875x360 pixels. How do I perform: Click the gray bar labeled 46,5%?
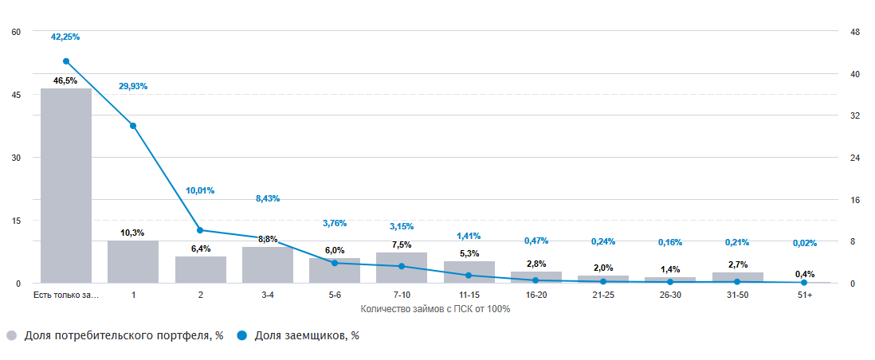pyautogui.click(x=66, y=186)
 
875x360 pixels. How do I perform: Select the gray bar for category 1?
pyautogui.click(x=133, y=261)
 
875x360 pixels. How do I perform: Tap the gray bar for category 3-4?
pyautogui.click(x=268, y=264)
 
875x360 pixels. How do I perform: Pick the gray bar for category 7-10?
pyautogui.click(x=402, y=268)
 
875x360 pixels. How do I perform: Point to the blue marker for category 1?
pyautogui.click(x=133, y=126)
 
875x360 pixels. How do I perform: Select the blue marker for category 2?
pyautogui.click(x=200, y=230)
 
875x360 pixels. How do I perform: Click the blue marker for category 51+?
pyautogui.click(x=804, y=283)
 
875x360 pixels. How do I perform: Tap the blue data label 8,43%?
pyautogui.click(x=268, y=198)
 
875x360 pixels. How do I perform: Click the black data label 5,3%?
pyautogui.click(x=469, y=253)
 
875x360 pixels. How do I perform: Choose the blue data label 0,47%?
pyautogui.click(x=536, y=241)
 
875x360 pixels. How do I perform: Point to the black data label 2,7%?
pyautogui.click(x=737, y=264)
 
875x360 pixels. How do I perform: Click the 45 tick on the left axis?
pyautogui.click(x=16, y=95)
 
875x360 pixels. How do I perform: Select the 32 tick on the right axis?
pyautogui.click(x=856, y=115)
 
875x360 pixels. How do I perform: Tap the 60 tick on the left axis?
pyautogui.click(x=16, y=32)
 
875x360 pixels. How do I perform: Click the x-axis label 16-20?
pyautogui.click(x=536, y=295)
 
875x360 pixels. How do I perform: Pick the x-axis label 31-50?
pyautogui.click(x=737, y=295)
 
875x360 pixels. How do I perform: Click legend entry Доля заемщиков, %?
pyautogui.click(x=306, y=336)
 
